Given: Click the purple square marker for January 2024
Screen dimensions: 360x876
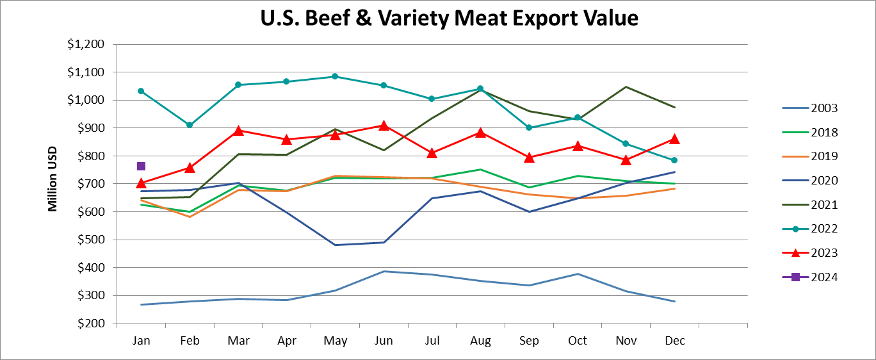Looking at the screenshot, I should click(141, 167).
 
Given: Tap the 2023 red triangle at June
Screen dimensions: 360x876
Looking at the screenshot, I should click(384, 126).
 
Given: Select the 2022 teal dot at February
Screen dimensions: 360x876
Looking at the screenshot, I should click(190, 125).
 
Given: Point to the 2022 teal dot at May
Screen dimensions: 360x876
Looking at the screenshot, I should click(335, 76).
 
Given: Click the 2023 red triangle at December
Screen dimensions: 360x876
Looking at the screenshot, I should click(674, 139).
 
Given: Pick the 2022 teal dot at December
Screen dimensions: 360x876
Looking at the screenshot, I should click(674, 160).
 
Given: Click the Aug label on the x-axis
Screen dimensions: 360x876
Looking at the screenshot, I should click(480, 341).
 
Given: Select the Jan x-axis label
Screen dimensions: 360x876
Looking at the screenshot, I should click(141, 341).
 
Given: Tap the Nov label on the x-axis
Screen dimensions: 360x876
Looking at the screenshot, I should click(626, 341).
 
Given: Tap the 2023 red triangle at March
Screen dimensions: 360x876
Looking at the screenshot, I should click(238, 131).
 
